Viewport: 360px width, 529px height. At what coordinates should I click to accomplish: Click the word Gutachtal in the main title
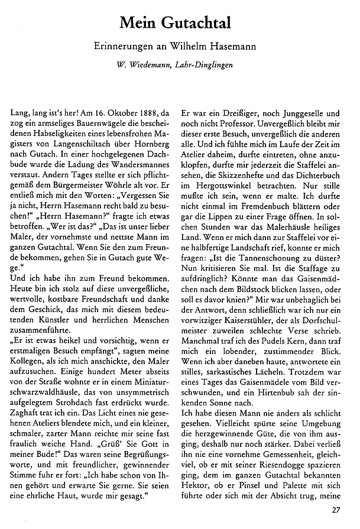coord(198,23)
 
